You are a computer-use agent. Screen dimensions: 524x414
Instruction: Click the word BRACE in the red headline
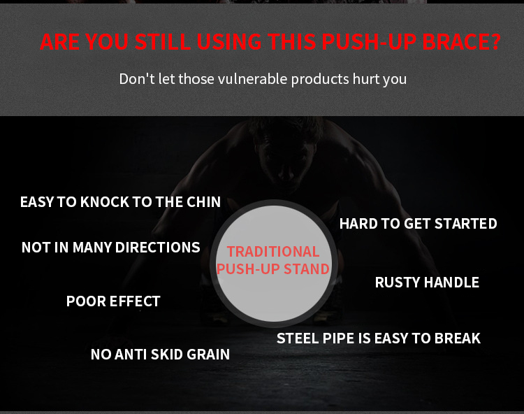click(461, 42)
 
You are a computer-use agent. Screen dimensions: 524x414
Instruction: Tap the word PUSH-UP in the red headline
click(369, 42)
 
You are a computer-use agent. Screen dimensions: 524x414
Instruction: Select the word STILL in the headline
click(162, 42)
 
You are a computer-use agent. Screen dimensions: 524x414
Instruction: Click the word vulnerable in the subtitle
click(253, 79)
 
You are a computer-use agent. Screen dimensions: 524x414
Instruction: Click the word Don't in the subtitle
click(137, 79)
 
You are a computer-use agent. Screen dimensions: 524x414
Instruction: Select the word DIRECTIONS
click(157, 248)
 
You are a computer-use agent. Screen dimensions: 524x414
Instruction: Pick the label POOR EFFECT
click(113, 301)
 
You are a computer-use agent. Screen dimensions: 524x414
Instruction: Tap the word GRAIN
click(208, 355)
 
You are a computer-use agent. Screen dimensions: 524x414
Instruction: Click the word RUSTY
click(398, 283)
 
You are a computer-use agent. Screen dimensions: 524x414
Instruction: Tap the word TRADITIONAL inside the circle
click(273, 252)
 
